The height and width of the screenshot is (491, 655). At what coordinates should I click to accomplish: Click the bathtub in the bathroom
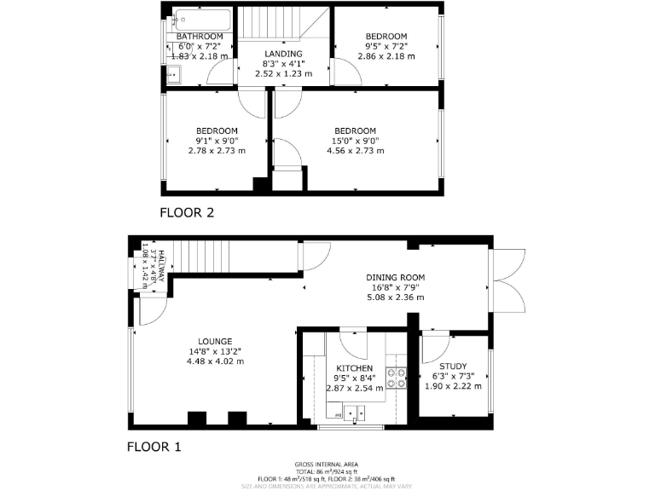[201, 18]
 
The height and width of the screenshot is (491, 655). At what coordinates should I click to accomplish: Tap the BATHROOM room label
[200, 37]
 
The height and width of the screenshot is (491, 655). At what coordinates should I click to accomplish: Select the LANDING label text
[283, 54]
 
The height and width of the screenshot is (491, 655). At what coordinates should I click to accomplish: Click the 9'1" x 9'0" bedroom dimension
[217, 141]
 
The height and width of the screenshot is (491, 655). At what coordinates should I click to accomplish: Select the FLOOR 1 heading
[154, 446]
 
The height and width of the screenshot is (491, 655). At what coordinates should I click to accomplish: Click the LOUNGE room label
[215, 340]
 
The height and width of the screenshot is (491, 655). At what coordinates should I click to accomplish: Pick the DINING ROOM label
[395, 278]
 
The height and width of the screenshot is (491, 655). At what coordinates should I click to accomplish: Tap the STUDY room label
[453, 367]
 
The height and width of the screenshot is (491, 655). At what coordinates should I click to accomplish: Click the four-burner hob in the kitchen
[397, 377]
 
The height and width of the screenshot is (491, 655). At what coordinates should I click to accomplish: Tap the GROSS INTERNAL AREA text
[327, 465]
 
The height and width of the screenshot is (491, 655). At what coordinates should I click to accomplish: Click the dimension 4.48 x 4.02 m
[215, 361]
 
